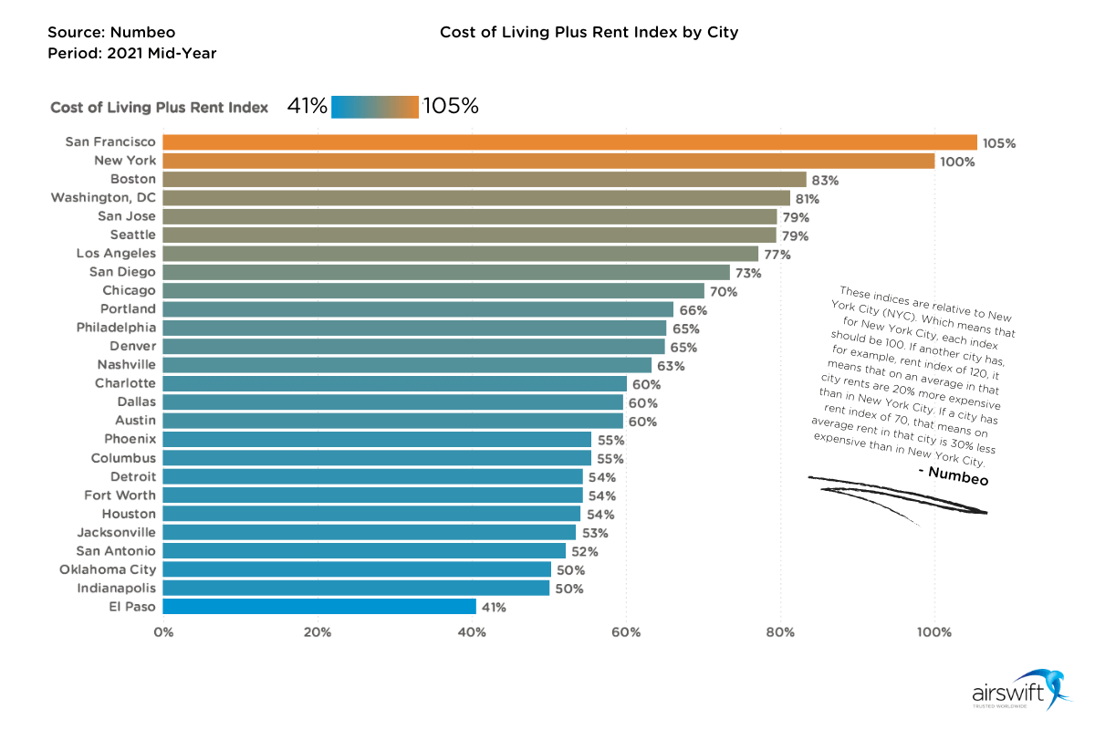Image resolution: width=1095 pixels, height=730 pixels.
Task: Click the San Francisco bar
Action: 569,142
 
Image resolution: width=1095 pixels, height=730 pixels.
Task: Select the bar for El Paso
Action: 319,607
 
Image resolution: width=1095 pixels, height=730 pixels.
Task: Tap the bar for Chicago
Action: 433,291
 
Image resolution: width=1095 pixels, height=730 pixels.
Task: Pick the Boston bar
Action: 485,180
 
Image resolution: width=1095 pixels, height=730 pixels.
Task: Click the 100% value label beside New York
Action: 958,162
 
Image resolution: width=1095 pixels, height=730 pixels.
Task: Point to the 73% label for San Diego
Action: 749,273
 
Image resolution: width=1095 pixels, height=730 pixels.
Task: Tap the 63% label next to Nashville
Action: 672,366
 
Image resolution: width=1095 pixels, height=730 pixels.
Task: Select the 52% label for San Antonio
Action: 585,551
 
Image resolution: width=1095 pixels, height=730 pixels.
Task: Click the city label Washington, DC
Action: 103,197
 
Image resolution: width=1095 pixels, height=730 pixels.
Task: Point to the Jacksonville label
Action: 116,532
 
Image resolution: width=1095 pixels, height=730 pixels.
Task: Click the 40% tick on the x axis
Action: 472,631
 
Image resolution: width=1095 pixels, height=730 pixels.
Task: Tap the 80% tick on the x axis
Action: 780,631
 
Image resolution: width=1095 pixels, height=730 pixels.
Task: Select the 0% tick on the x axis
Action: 163,631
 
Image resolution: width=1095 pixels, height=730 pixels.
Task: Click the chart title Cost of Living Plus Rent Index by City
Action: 589,32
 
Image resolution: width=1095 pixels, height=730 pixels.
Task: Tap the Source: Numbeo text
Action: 111,32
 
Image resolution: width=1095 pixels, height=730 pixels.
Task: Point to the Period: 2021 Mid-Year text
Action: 131,53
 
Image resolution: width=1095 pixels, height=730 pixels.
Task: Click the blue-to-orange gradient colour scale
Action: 375,107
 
